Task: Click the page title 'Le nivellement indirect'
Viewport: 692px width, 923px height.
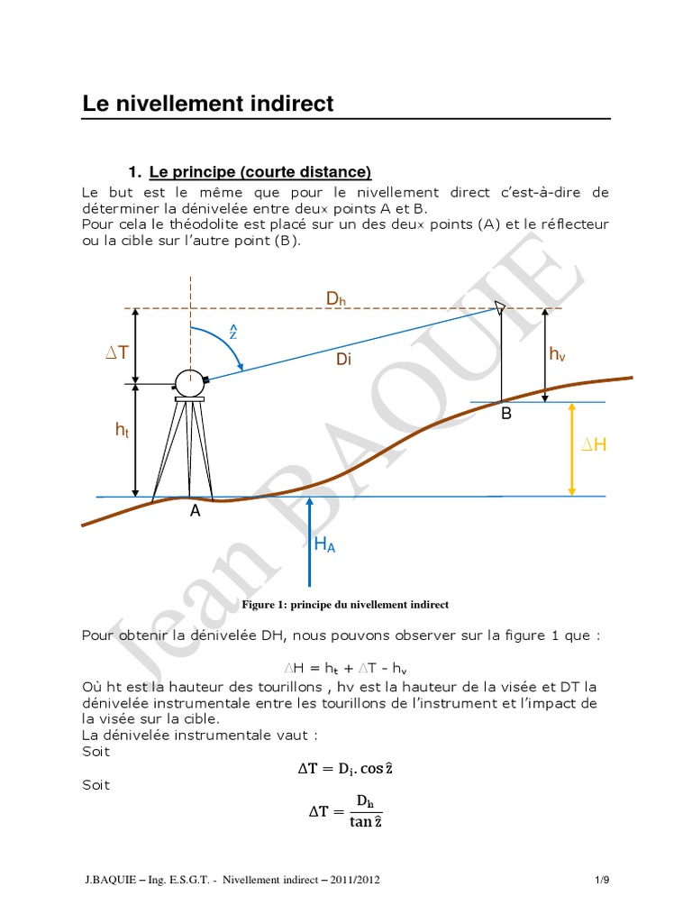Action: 208,104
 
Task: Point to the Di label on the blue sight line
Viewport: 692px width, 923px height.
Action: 344,360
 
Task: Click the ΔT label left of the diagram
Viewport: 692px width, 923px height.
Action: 118,353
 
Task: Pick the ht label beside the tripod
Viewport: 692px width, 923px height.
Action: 122,432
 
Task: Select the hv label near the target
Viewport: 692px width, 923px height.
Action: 558,355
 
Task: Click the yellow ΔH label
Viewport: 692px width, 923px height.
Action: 593,444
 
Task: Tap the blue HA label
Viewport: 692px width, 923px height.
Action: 324,544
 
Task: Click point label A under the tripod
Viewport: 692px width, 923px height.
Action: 194,510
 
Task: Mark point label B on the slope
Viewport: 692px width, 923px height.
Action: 505,415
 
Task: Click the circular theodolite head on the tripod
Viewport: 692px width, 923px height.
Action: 190,382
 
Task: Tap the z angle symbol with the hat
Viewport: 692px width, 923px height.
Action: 232,332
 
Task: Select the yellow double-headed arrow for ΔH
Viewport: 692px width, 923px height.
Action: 572,449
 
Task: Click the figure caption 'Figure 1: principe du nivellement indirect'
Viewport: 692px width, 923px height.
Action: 344,604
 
